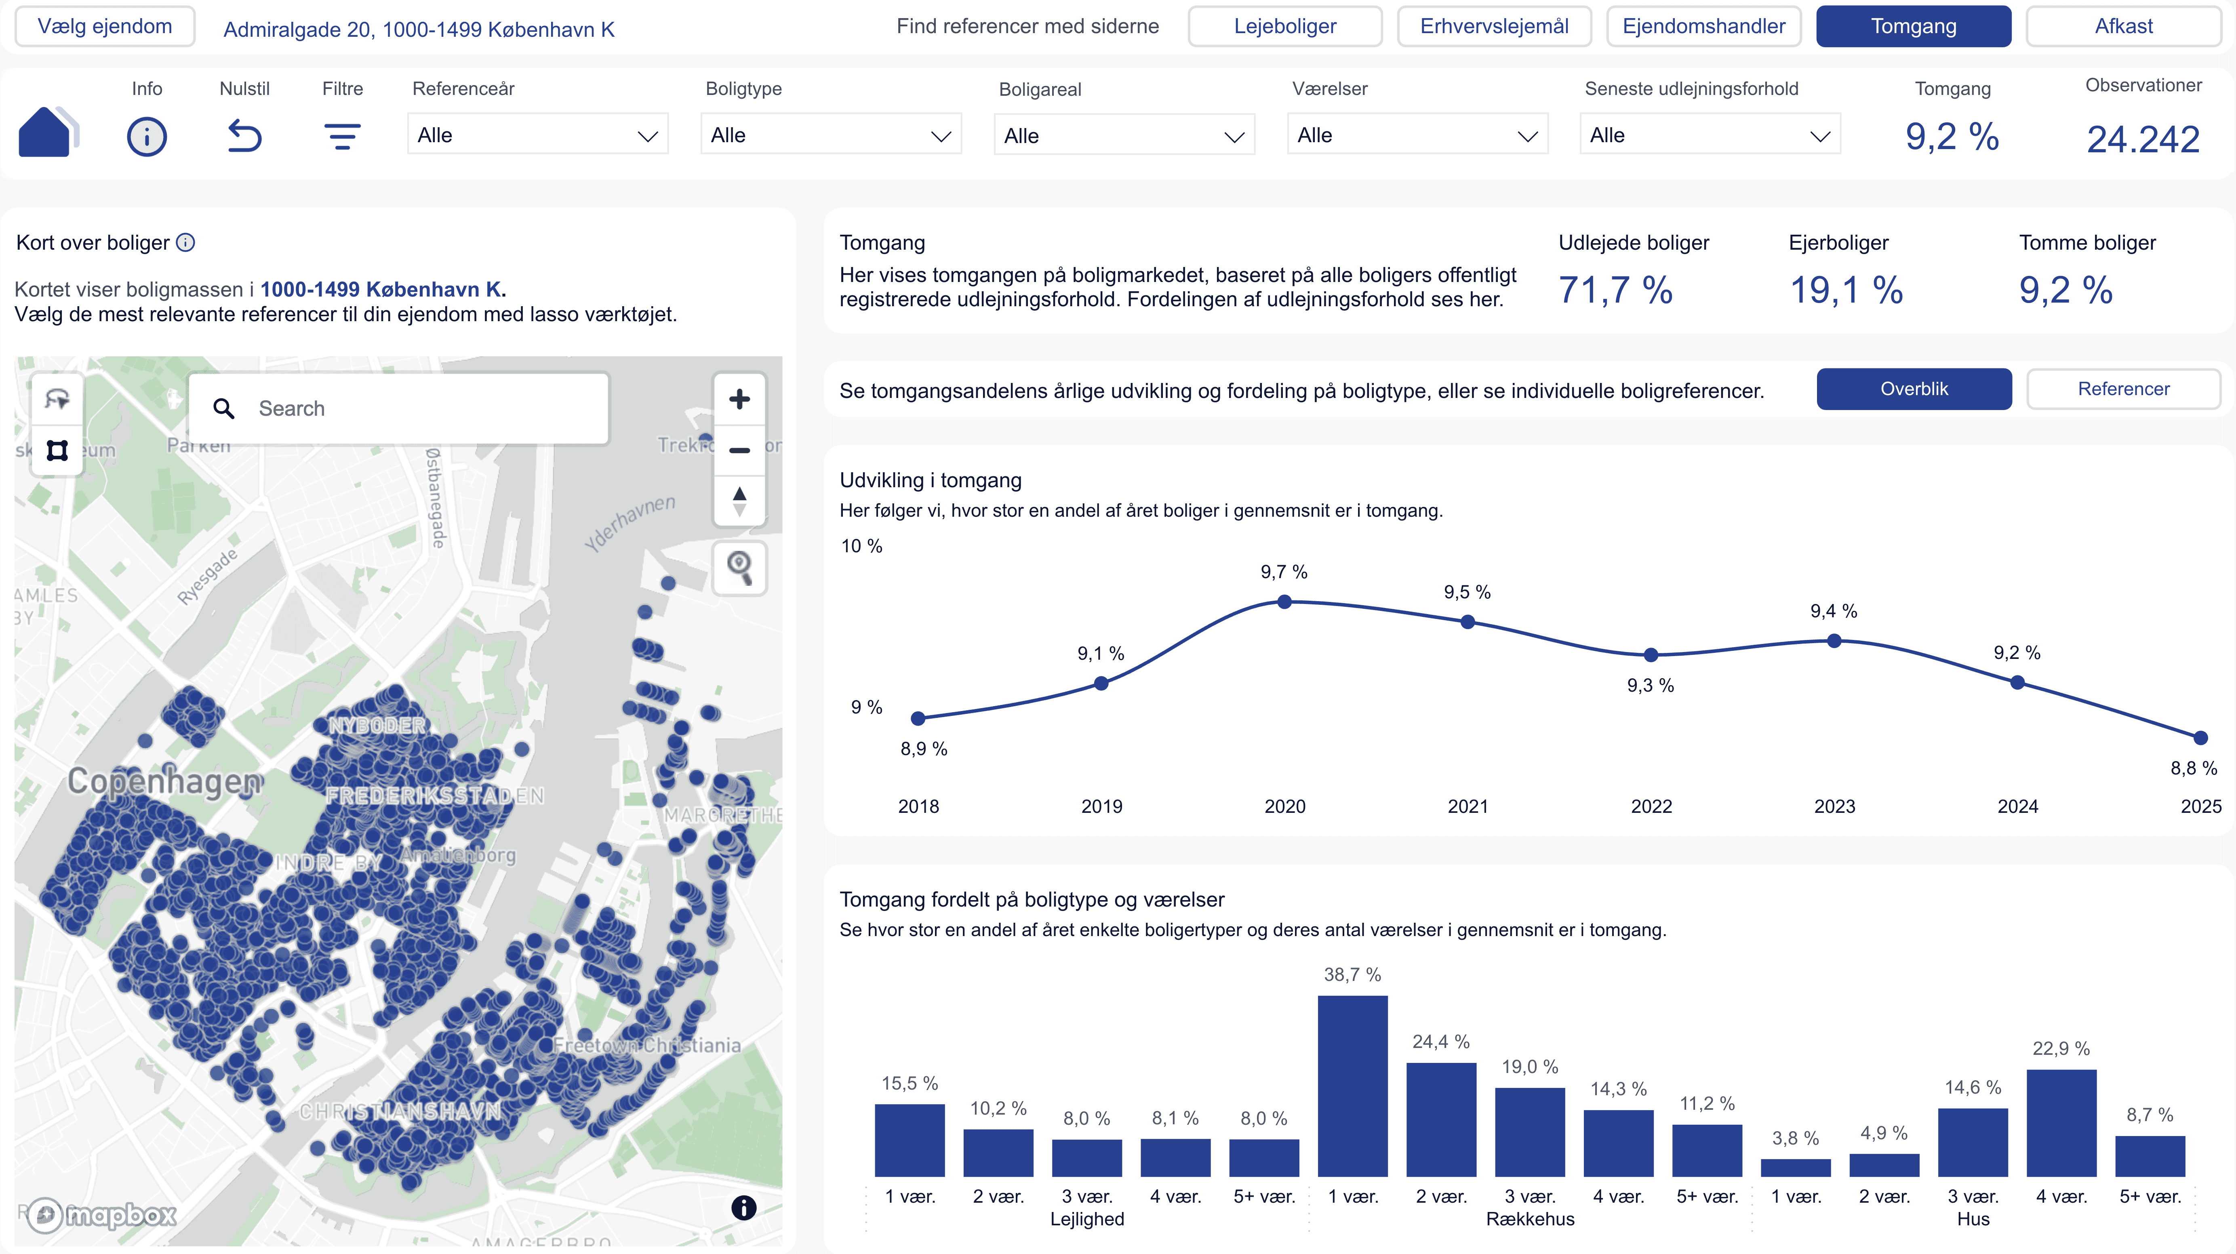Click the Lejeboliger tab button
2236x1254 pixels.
click(x=1284, y=26)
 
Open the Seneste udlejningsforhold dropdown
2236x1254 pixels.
click(x=1709, y=135)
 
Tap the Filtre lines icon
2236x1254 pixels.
click(x=342, y=136)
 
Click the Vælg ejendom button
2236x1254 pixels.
click(x=105, y=26)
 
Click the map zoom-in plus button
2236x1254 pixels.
click(x=739, y=399)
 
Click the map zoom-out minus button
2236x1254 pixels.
click(x=739, y=450)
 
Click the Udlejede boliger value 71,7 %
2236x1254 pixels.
click(x=1615, y=290)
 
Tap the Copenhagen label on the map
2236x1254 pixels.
click(x=165, y=781)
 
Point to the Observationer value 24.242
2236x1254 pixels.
click(x=2142, y=139)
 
